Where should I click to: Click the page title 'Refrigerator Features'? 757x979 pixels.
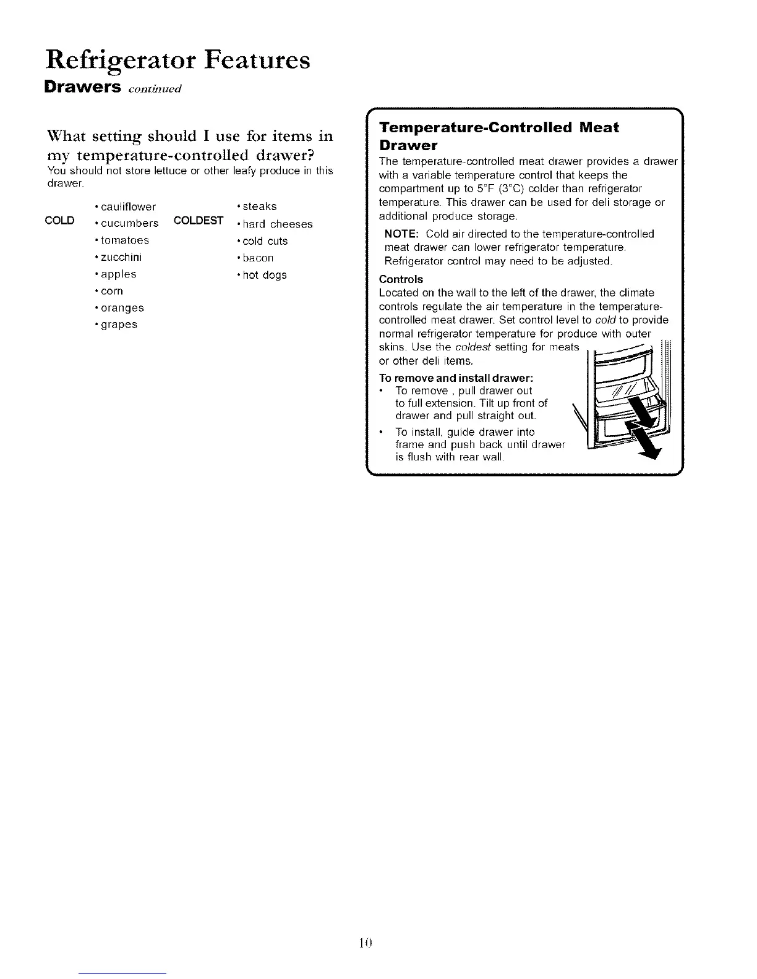coord(177,61)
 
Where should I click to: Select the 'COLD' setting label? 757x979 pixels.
coord(60,221)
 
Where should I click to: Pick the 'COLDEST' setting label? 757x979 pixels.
coord(199,221)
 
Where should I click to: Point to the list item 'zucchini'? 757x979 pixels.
coord(121,257)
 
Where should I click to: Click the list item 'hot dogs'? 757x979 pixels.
coord(265,275)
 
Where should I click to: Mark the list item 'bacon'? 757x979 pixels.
coord(258,258)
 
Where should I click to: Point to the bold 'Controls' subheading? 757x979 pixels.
coord(401,279)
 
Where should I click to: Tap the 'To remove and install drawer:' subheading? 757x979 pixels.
coord(456,378)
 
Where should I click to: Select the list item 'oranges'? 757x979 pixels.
coord(122,308)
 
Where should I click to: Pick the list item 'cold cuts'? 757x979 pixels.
coord(265,241)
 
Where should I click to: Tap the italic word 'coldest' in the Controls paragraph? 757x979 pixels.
coord(473,347)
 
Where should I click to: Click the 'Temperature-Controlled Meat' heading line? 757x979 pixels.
coord(498,128)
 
